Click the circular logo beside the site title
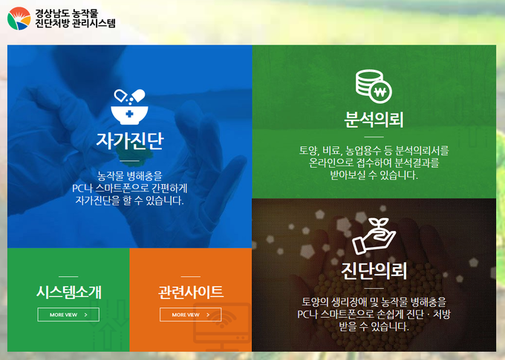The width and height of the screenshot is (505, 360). (19, 19)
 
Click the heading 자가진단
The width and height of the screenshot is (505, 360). (130, 141)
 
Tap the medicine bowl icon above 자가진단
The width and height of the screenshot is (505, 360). (129, 107)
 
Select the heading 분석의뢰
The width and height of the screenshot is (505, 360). (374, 120)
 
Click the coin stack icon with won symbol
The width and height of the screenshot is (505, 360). (374, 86)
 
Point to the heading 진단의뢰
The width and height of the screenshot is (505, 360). (374, 271)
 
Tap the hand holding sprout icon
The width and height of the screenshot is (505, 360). (374, 236)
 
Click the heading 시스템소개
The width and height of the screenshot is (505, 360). (68, 292)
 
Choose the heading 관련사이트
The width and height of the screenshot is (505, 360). (191, 292)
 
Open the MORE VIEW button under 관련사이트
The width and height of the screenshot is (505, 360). (191, 315)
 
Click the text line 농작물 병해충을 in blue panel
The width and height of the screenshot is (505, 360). (129, 176)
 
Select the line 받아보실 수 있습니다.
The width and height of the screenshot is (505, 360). (374, 175)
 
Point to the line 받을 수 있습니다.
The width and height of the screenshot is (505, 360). (374, 327)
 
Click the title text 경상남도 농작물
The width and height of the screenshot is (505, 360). (67, 13)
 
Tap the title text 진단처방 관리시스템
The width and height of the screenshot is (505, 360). (75, 23)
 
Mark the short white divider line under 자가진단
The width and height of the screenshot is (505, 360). (129, 160)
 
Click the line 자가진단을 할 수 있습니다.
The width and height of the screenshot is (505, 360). (129, 200)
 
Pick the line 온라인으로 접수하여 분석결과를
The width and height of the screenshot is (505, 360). (374, 163)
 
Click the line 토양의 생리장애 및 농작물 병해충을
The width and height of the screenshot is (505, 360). (374, 301)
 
